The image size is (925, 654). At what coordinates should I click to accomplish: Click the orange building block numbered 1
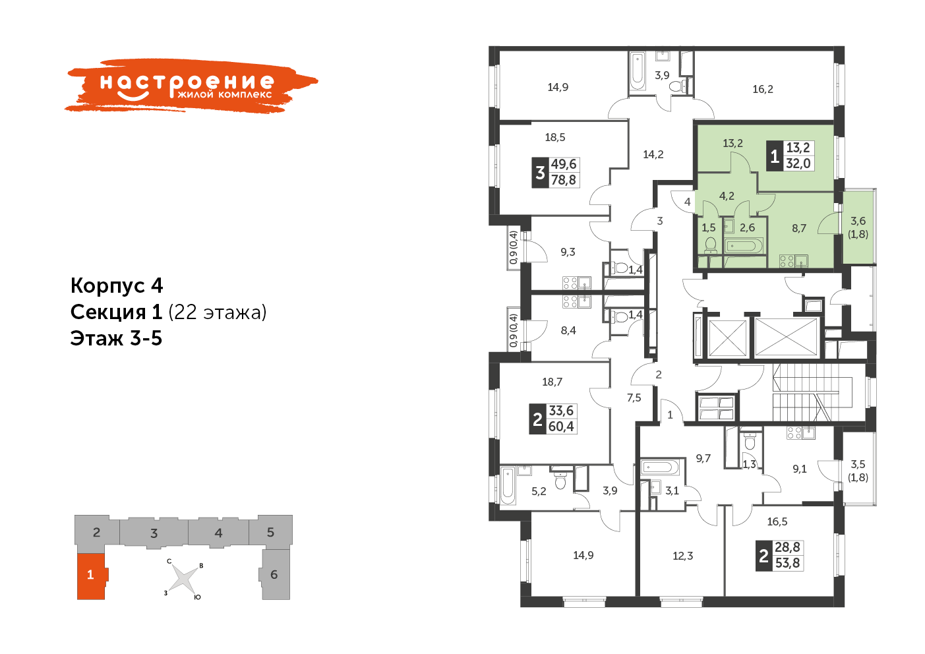[91, 576]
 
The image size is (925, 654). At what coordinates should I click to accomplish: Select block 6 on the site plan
[275, 574]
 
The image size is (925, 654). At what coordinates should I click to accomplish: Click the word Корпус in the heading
[107, 285]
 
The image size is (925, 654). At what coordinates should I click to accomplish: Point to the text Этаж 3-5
[116, 338]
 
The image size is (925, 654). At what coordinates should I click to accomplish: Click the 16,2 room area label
[763, 89]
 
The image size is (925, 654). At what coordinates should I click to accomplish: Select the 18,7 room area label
[552, 382]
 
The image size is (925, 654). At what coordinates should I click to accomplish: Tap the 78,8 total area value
[564, 181]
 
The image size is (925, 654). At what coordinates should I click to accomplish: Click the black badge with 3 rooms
[540, 173]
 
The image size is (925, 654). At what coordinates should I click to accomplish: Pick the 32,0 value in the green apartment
[798, 163]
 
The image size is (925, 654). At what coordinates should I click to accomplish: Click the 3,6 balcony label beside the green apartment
[858, 222]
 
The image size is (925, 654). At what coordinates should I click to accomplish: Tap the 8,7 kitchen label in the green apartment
[799, 228]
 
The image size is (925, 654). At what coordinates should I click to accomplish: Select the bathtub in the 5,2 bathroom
[508, 485]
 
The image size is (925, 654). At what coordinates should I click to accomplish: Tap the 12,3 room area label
[683, 556]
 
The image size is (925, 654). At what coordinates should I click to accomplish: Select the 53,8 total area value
[787, 563]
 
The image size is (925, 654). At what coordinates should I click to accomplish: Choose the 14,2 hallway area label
[653, 154]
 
